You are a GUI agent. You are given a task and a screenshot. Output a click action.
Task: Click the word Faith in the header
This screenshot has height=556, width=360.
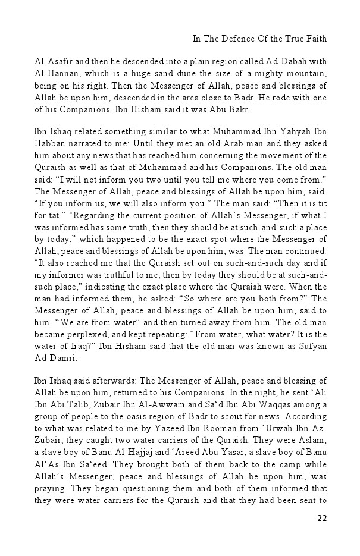(x=317, y=39)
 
